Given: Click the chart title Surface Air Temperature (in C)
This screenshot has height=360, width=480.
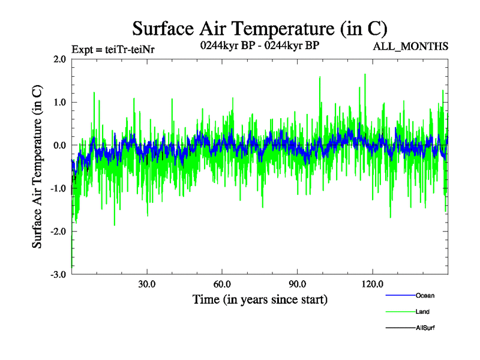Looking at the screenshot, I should click(x=259, y=28).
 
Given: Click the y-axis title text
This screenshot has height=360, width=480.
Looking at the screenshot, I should click(x=37, y=167).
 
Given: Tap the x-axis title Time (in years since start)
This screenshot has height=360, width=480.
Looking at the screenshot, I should click(x=260, y=299).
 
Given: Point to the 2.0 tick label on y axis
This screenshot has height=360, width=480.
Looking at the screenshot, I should click(x=59, y=59).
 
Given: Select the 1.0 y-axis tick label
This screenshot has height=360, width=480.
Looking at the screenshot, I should click(x=59, y=103).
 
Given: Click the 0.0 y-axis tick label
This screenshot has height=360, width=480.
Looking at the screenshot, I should click(x=59, y=146).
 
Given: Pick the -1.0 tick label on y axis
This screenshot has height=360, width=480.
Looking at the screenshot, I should click(x=58, y=188).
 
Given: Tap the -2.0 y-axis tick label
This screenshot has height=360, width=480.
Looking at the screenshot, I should click(x=58, y=232).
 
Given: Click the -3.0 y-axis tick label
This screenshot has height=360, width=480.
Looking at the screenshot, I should click(x=58, y=275).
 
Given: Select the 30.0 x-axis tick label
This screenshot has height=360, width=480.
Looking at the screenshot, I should click(x=146, y=284).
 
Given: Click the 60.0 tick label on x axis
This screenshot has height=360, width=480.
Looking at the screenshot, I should click(x=222, y=284).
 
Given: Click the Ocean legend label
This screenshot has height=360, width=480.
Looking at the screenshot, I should click(x=425, y=296).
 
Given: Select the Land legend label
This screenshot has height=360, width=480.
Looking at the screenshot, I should click(x=422, y=312).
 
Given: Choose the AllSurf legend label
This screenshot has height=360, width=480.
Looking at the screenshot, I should click(x=425, y=328).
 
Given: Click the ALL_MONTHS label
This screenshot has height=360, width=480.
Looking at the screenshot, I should click(x=412, y=47).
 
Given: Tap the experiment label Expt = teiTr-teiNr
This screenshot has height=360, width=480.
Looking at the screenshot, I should click(x=113, y=49).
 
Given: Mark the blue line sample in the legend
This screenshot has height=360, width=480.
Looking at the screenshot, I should click(x=400, y=296).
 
